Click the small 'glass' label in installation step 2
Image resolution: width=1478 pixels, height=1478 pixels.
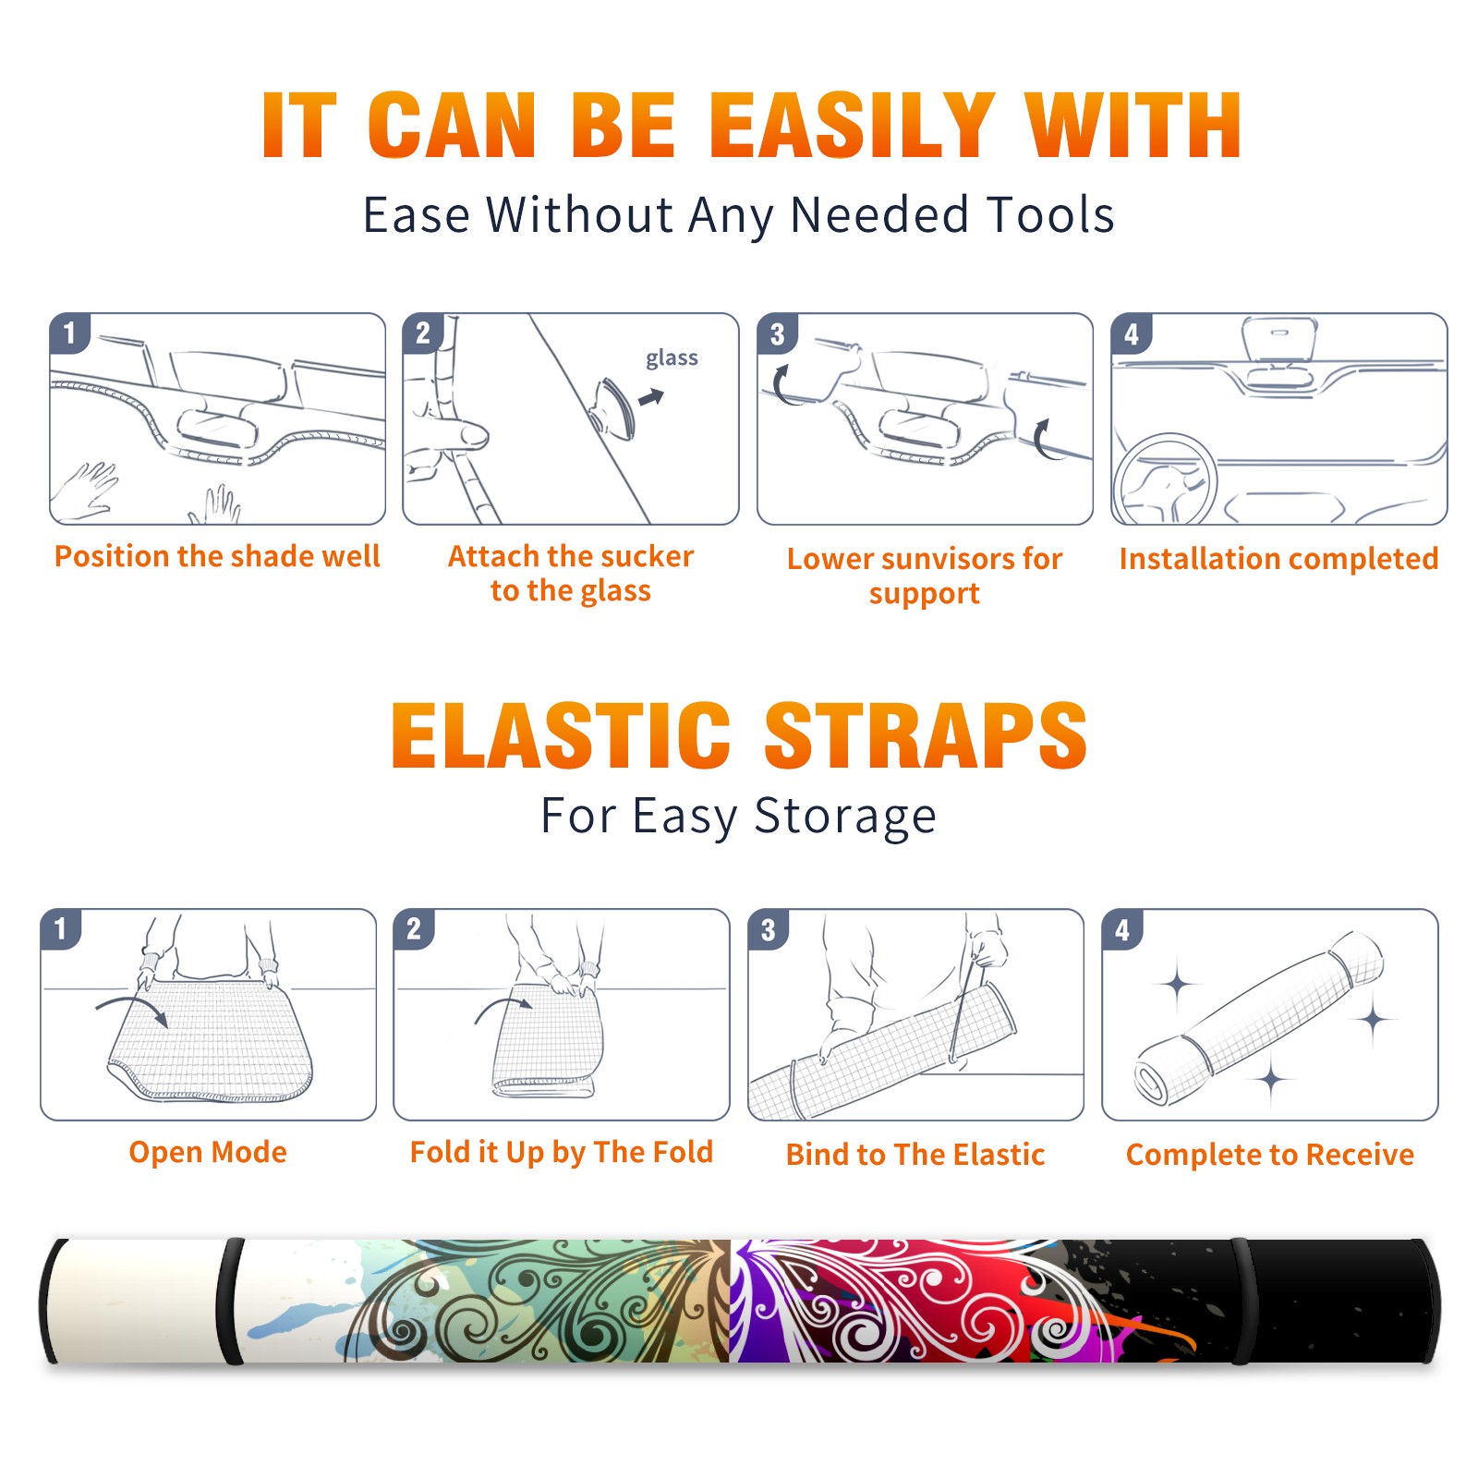click(672, 358)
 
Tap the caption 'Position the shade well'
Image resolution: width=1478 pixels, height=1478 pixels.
click(217, 556)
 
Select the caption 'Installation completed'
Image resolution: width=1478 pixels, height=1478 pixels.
click(1278, 559)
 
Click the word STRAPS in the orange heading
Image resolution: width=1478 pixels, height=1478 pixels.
click(926, 735)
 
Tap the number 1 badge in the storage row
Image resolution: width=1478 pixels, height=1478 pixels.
click(61, 929)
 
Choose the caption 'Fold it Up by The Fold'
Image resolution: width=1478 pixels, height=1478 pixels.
click(562, 1152)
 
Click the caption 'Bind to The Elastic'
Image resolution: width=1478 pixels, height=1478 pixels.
click(915, 1155)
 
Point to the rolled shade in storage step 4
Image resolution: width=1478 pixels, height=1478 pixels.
click(1260, 1017)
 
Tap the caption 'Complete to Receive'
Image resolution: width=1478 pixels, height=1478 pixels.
click(1270, 1155)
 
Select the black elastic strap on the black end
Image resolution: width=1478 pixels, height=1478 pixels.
click(1242, 1301)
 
